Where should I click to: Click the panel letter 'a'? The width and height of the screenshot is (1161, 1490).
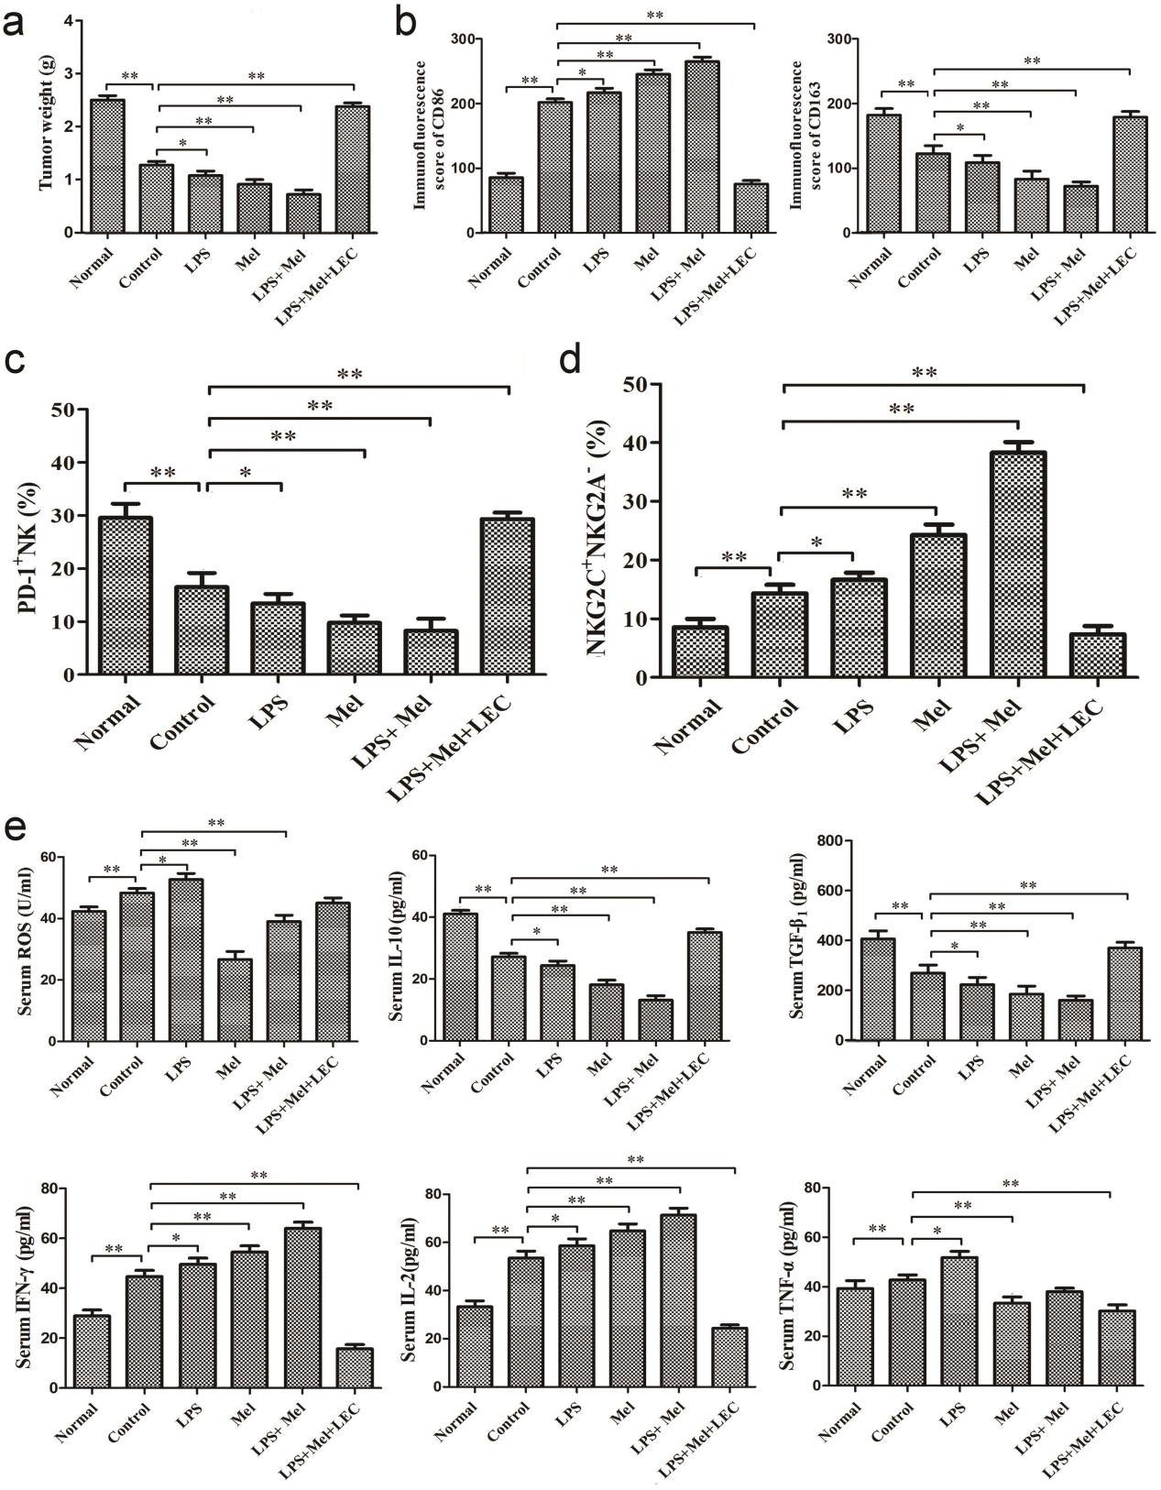(x=16, y=20)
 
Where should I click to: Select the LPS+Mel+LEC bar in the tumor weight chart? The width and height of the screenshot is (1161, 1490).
(x=352, y=170)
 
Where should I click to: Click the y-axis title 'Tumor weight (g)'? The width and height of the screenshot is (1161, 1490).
(x=45, y=126)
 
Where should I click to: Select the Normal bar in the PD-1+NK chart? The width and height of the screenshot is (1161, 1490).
(x=126, y=596)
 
